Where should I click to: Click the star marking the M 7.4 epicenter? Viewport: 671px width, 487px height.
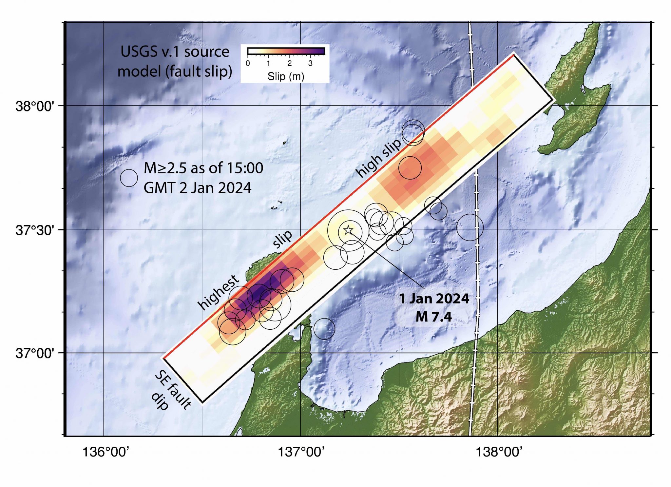(x=348, y=230)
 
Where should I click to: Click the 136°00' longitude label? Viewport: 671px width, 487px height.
(x=106, y=452)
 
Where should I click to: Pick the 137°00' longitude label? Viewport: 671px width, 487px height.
(x=301, y=452)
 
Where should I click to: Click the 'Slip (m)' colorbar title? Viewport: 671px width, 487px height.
(x=286, y=76)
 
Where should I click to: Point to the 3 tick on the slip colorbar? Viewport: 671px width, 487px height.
(x=310, y=63)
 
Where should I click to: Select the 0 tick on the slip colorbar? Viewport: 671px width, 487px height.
(x=248, y=63)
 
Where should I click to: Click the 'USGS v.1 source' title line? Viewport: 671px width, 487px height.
(x=175, y=52)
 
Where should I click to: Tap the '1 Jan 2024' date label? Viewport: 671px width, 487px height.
(x=434, y=299)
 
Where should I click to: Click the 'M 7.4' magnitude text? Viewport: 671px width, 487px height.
(x=434, y=317)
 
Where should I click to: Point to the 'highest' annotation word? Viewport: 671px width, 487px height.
(x=219, y=292)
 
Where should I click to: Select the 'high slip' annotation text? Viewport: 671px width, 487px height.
(x=379, y=158)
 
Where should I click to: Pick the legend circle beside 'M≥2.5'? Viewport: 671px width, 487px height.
(x=129, y=178)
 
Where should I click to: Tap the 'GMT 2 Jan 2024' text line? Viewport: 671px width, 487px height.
(x=198, y=188)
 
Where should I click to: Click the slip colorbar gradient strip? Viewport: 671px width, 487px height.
(x=286, y=51)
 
